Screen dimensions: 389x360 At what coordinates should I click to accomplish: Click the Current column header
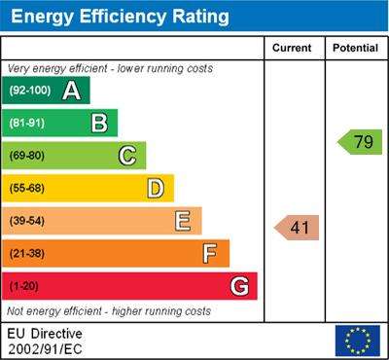click(x=292, y=48)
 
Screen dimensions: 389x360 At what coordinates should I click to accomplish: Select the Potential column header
click(x=355, y=48)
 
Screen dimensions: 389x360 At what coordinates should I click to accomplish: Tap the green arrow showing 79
click(x=360, y=142)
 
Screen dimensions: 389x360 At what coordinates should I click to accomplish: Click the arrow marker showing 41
click(x=297, y=228)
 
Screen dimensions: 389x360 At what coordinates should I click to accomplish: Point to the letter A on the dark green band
click(x=71, y=90)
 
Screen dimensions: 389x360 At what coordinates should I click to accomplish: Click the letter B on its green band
click(x=99, y=123)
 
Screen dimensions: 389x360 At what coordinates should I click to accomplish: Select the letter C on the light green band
click(x=127, y=156)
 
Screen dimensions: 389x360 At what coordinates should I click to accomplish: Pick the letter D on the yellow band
click(x=156, y=189)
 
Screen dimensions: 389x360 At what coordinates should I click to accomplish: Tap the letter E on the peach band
click(x=183, y=221)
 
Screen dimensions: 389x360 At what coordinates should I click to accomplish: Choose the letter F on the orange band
click(x=210, y=254)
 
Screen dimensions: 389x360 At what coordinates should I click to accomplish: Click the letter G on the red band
click(x=240, y=286)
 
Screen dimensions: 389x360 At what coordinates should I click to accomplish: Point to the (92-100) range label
click(x=30, y=90)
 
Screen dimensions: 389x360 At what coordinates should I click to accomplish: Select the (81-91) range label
click(x=27, y=123)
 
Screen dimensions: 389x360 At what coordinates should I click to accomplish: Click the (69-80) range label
click(x=27, y=156)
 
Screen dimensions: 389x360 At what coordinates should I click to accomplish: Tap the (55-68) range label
click(x=27, y=189)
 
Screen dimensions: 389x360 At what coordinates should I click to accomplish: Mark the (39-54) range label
click(x=27, y=221)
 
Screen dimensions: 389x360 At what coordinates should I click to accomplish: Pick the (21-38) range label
click(x=27, y=254)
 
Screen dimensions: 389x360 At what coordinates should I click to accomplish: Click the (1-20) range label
click(x=23, y=286)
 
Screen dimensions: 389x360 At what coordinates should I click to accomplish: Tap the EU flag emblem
click(x=358, y=341)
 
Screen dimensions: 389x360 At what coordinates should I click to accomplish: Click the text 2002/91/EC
click(x=45, y=349)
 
